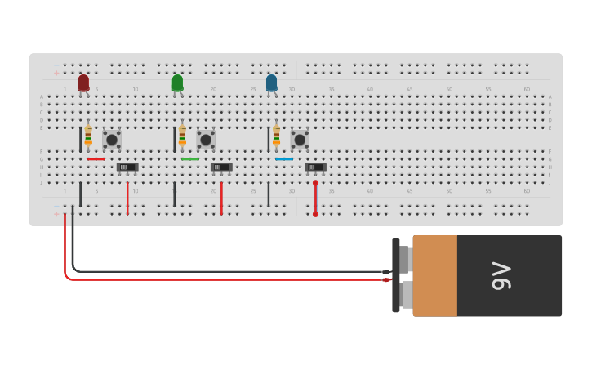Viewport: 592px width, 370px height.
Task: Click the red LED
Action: point(83,82)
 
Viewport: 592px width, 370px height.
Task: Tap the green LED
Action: point(177,82)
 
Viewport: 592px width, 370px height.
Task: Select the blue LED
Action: point(271,82)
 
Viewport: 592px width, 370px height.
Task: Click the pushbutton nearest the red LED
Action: point(112,140)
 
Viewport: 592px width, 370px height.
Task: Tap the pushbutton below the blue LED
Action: point(300,140)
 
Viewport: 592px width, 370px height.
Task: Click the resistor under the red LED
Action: point(88,136)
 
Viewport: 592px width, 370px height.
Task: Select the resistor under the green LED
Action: point(182,136)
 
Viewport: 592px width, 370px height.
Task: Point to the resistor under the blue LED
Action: point(276,136)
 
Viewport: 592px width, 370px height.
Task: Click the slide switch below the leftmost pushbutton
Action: point(127,167)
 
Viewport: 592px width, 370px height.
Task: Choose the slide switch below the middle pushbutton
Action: point(221,167)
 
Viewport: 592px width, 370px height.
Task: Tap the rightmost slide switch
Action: point(315,167)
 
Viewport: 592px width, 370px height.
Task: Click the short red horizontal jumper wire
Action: point(96,159)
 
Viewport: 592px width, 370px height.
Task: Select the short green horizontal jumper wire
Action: point(190,159)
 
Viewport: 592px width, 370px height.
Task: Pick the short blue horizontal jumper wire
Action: point(284,159)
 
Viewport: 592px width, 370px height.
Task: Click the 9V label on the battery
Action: point(501,276)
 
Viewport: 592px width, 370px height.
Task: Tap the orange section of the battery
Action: point(434,276)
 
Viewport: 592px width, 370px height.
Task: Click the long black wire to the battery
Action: point(229,271)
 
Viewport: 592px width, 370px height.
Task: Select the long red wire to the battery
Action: point(229,279)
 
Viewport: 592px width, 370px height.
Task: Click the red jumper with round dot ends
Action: point(315,198)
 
